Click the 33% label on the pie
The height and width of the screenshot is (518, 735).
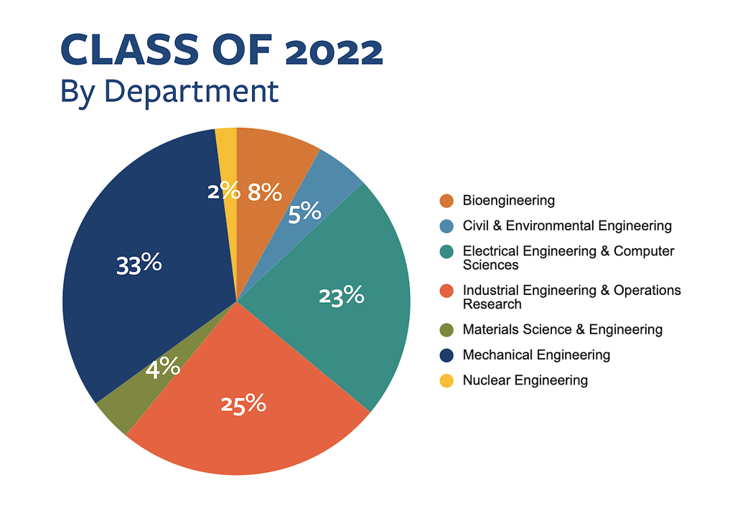click(x=139, y=264)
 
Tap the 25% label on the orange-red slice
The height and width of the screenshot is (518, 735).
click(x=243, y=405)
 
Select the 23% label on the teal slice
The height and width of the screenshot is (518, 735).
click(x=342, y=295)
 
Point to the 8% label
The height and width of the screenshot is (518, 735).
click(x=264, y=192)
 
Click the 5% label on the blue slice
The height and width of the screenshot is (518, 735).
click(x=304, y=212)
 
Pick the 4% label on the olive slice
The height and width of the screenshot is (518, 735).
click(x=163, y=369)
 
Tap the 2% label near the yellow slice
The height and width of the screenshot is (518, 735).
click(x=223, y=190)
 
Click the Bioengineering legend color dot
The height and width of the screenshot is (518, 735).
click(x=446, y=201)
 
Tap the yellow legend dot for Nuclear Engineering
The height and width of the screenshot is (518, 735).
click(x=446, y=380)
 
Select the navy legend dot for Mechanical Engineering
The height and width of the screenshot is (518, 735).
click(x=446, y=355)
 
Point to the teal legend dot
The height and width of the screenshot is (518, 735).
click(x=446, y=252)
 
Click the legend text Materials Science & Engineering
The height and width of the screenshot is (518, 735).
click(x=562, y=330)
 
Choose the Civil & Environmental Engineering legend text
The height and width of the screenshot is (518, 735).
click(x=567, y=226)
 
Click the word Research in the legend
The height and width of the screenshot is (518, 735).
click(x=492, y=304)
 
